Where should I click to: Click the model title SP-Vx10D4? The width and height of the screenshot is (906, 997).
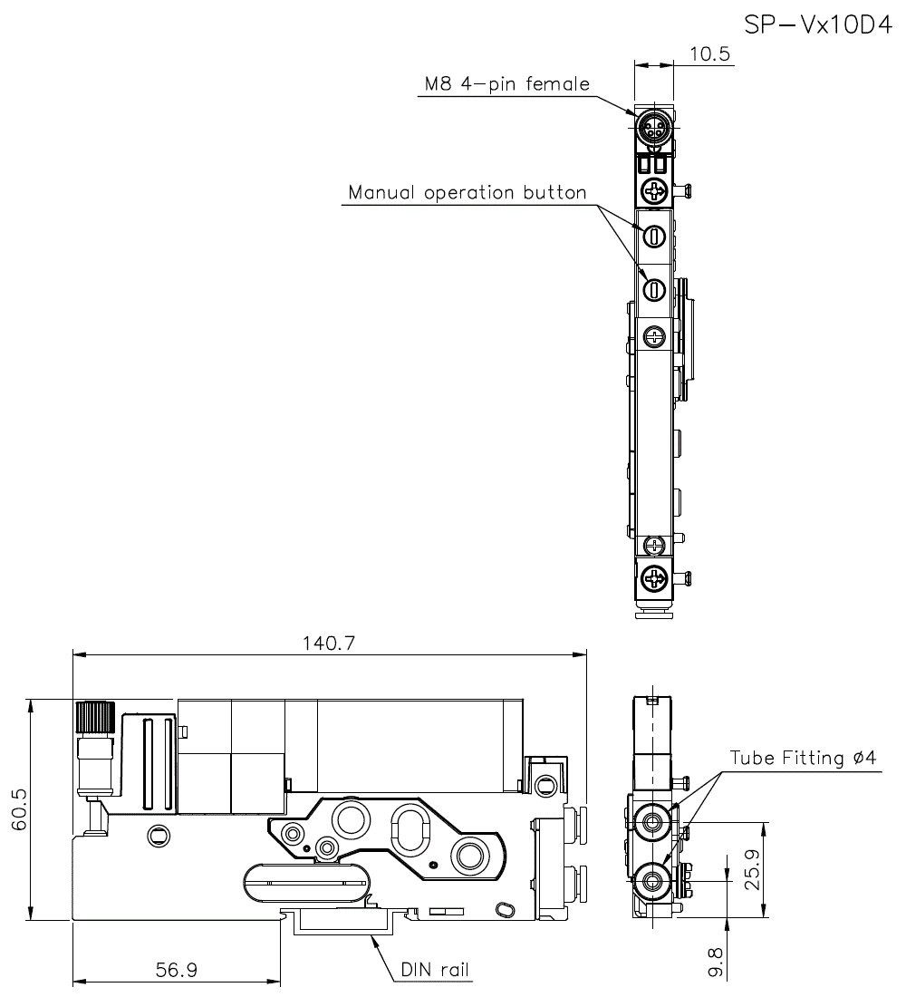coord(818,24)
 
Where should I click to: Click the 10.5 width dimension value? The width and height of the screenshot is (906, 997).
coord(709,54)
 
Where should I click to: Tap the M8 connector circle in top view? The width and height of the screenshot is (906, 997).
coord(653,128)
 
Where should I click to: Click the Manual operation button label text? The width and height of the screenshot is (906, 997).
coord(467,193)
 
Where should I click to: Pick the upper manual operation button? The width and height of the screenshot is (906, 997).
coord(654,236)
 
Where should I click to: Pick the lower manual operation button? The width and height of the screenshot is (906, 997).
coord(654,289)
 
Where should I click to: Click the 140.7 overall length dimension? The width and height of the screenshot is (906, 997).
coord(331,644)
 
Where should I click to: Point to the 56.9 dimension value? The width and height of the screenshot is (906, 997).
coord(177,970)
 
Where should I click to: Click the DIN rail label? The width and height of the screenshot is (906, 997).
coord(436,971)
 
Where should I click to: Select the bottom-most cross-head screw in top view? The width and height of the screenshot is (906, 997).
coord(654,577)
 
